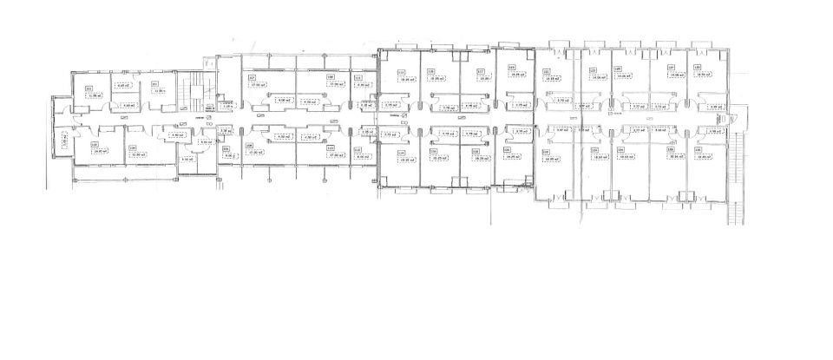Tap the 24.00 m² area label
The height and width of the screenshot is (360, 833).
pos(100,151)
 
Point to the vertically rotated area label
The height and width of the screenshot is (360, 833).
pos(63,140)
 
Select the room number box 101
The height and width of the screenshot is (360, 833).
pos(89,88)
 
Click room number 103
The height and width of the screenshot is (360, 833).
pos(154,84)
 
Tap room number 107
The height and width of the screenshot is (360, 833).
pos(252,77)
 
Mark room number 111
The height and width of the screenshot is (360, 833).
pos(357,77)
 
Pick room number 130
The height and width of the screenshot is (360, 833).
pos(698,148)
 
